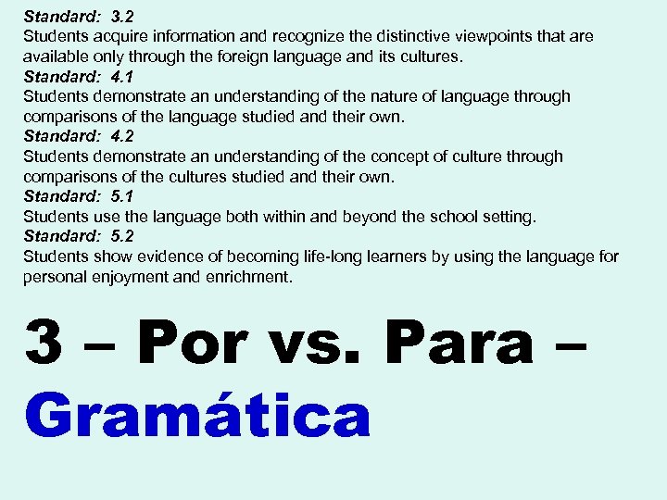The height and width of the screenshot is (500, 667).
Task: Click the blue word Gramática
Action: (x=199, y=416)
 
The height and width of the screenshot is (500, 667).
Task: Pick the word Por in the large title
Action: (x=195, y=344)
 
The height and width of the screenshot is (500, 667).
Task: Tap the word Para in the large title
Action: (x=459, y=344)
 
